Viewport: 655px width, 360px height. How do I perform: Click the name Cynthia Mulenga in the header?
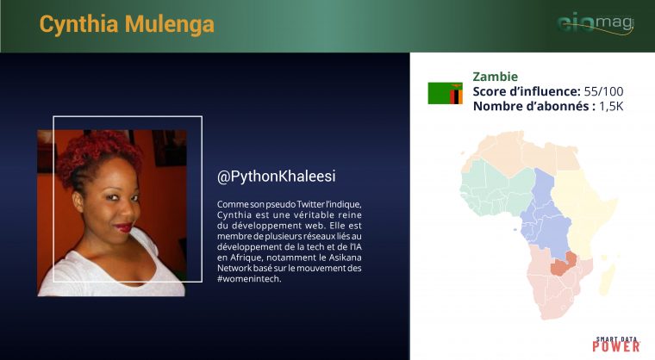pos(127,24)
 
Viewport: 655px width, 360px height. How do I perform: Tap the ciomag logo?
pos(596,23)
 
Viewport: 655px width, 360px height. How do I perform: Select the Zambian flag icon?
pos(446,93)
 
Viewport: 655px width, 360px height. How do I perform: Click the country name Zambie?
pos(496,77)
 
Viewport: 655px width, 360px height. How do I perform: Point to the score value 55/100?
pos(603,91)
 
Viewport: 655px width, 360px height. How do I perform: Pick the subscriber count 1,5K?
pos(611,106)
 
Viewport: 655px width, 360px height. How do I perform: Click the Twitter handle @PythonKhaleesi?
pos(277,177)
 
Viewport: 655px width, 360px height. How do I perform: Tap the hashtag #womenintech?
pos(249,278)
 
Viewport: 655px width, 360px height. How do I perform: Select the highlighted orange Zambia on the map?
pos(563,264)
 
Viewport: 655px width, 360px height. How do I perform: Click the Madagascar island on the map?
pos(608,277)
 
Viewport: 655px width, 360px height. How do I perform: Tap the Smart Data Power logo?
pos(616,344)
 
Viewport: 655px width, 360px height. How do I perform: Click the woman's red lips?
pos(123,227)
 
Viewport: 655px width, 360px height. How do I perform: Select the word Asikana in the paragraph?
pos(345,258)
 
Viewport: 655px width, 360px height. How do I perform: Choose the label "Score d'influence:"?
pos(527,91)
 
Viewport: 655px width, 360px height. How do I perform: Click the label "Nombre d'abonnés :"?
pos(534,106)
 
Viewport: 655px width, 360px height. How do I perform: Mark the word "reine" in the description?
pos(350,215)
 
